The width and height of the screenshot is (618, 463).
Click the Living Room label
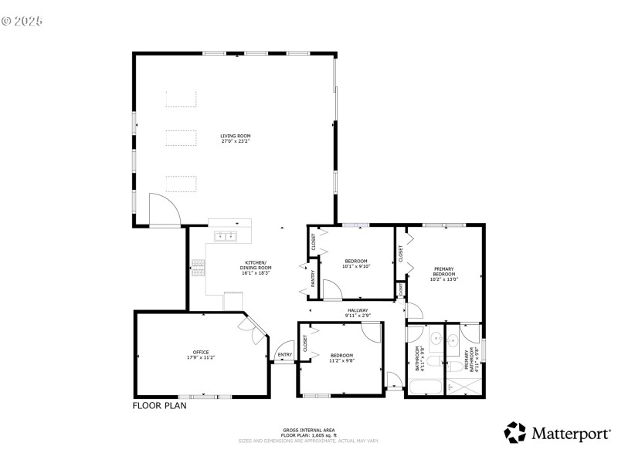(x=235, y=139)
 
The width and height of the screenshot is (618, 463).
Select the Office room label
(x=200, y=355)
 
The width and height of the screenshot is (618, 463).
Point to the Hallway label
(x=358, y=312)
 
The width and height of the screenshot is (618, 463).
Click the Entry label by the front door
(x=285, y=355)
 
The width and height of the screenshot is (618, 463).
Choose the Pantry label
(x=313, y=279)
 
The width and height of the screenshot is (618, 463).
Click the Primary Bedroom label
(x=444, y=274)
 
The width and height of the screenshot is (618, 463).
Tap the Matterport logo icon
(x=515, y=432)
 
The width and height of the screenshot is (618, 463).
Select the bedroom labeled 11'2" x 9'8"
(x=342, y=357)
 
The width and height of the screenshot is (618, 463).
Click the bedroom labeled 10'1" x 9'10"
(x=356, y=263)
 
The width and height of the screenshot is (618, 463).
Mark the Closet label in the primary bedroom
(x=401, y=252)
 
